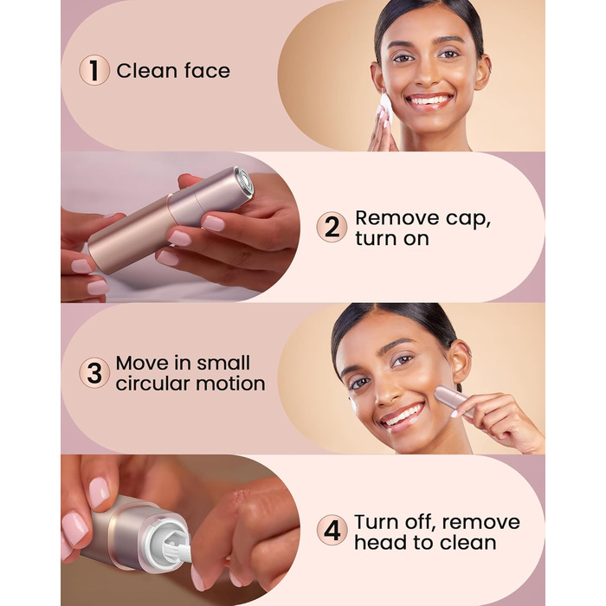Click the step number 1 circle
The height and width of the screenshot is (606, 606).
click(x=94, y=70)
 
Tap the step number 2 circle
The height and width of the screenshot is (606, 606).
click(x=332, y=227)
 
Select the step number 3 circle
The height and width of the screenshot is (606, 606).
click(x=94, y=373)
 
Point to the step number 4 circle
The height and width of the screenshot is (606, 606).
click(x=332, y=530)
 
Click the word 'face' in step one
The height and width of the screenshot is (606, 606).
click(x=207, y=71)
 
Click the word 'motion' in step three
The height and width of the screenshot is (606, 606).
click(x=230, y=384)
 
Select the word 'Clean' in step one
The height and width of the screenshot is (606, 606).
click(x=147, y=71)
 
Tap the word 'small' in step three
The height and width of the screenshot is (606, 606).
click(x=223, y=363)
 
